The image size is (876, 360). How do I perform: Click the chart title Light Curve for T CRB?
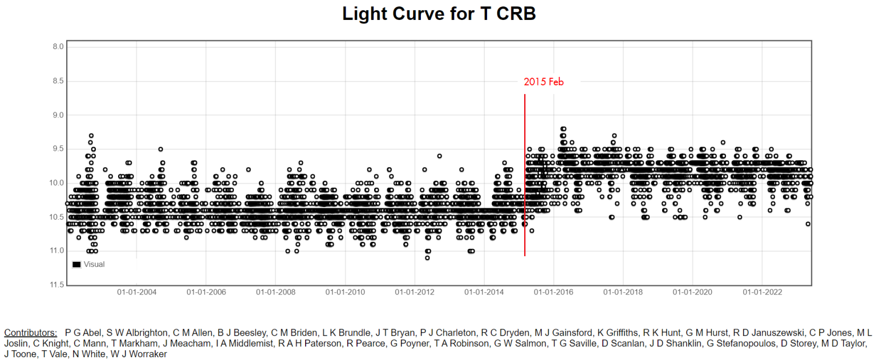click(439, 14)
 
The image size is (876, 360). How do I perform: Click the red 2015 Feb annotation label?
click(544, 82)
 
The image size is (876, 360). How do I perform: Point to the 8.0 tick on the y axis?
click(58, 47)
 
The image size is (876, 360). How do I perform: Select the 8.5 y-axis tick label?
click(58, 81)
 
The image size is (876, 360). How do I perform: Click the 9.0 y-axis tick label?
click(58, 115)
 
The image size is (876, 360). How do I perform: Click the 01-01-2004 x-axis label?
click(137, 293)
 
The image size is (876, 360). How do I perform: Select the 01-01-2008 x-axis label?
click(275, 293)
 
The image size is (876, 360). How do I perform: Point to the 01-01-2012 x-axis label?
click(415, 293)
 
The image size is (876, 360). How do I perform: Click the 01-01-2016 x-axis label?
click(553, 293)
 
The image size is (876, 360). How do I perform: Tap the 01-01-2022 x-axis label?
click(762, 293)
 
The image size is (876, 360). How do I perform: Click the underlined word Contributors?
click(30, 333)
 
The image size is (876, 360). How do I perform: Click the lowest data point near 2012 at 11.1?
click(427, 258)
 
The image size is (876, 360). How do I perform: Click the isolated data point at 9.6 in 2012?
click(439, 156)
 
